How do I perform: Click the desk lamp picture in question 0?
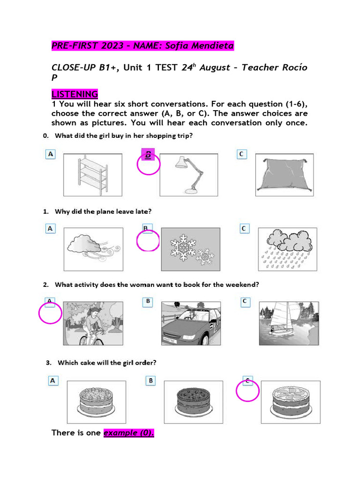[188, 174]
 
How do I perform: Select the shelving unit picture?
[92, 174]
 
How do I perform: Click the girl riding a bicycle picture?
[93, 323]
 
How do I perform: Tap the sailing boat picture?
[287, 323]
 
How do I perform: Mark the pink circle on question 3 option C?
[247, 390]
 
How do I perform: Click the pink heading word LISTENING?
[75, 94]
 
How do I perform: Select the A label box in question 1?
[50, 228]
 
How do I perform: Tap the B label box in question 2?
[148, 302]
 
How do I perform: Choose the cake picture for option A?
[97, 398]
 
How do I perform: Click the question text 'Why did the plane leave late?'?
[103, 211]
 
